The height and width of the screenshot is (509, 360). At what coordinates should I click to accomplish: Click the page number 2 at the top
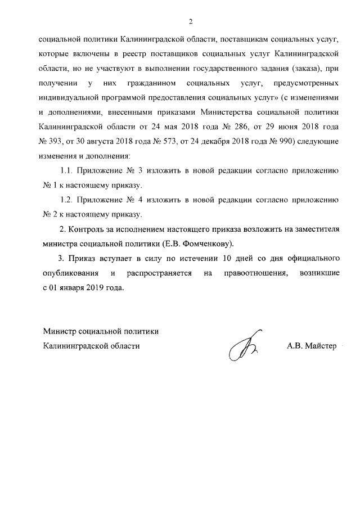click(191, 21)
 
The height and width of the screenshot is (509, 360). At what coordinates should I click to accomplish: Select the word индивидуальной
click(70, 98)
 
